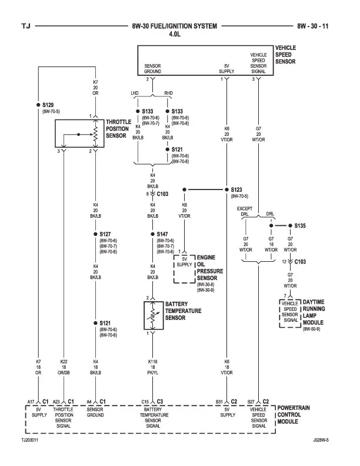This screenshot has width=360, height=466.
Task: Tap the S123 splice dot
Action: tap(226, 189)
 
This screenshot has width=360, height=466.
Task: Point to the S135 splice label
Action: tap(300, 225)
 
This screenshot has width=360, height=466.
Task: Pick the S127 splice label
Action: tap(105, 234)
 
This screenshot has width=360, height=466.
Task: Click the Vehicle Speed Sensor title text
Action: tap(285, 54)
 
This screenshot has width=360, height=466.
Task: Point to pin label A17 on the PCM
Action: tap(30, 402)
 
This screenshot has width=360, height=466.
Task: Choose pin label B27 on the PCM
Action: tap(251, 402)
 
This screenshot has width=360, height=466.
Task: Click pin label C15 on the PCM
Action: tap(145, 402)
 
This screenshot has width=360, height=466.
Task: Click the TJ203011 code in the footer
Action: tap(31, 440)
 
